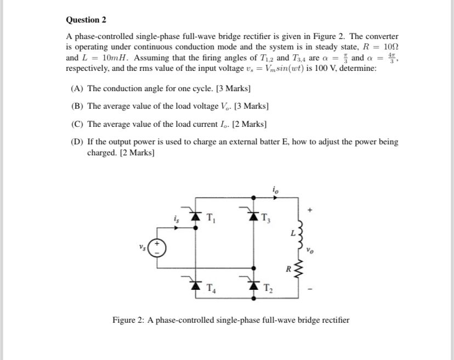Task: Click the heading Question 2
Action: [86, 20]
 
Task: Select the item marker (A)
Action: [78, 88]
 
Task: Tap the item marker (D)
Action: [78, 142]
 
